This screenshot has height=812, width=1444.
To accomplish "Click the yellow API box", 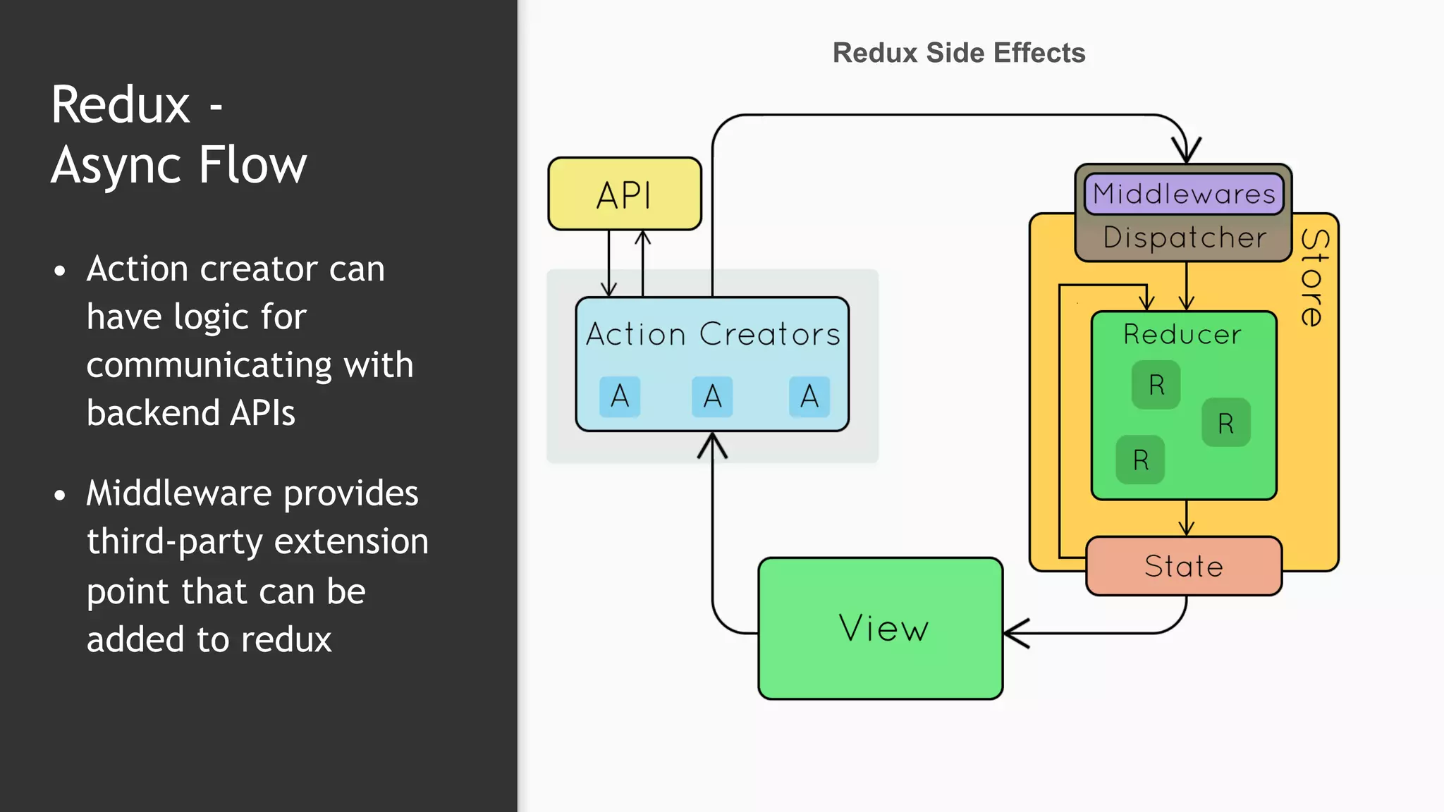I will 625,194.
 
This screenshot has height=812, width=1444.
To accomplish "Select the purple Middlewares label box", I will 1184,194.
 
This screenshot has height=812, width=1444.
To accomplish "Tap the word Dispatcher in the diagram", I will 1185,238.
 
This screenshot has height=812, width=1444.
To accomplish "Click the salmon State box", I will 1184,566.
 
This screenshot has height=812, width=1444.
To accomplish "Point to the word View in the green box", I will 883,628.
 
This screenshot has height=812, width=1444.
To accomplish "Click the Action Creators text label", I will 713,334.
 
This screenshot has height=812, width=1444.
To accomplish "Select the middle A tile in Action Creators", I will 712,397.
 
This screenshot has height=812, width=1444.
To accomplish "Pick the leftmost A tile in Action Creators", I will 620,397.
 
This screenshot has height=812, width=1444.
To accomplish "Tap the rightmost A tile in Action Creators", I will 809,397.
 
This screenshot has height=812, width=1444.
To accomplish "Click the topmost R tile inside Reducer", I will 1156,385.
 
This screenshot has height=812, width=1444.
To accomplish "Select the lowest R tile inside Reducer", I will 1140,460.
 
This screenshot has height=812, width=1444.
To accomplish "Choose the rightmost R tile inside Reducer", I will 1226,423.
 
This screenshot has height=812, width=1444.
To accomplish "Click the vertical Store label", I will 1313,278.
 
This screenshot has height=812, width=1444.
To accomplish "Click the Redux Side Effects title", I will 959,53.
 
